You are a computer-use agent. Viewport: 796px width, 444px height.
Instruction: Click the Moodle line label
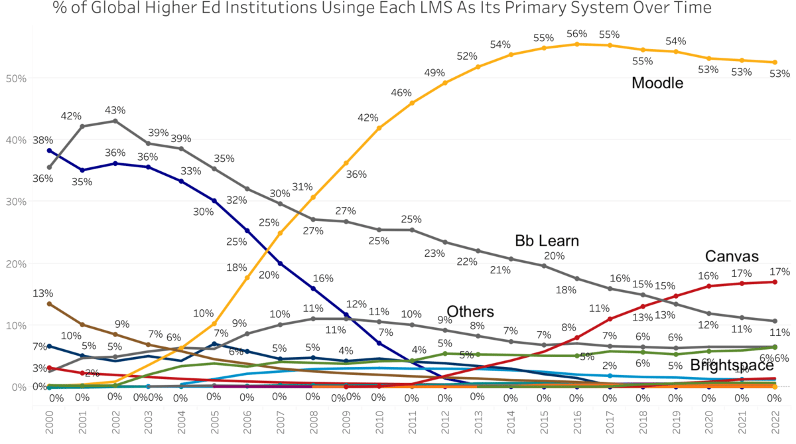657,83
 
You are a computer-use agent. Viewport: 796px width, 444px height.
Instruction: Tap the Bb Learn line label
547,240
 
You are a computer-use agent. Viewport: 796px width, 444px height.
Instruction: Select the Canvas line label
732,256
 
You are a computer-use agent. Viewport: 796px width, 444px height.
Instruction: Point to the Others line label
470,312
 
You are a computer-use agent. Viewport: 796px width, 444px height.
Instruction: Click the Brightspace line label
732,365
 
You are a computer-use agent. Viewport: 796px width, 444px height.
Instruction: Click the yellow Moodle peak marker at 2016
577,44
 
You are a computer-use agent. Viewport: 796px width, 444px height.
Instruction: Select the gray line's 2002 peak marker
115,121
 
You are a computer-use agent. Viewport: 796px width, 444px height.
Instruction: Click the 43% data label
115,110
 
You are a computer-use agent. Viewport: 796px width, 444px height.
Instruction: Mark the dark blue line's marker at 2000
49,151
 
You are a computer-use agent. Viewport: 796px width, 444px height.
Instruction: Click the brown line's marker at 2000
49,304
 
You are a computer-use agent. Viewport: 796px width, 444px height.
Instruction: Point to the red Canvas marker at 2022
774,282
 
